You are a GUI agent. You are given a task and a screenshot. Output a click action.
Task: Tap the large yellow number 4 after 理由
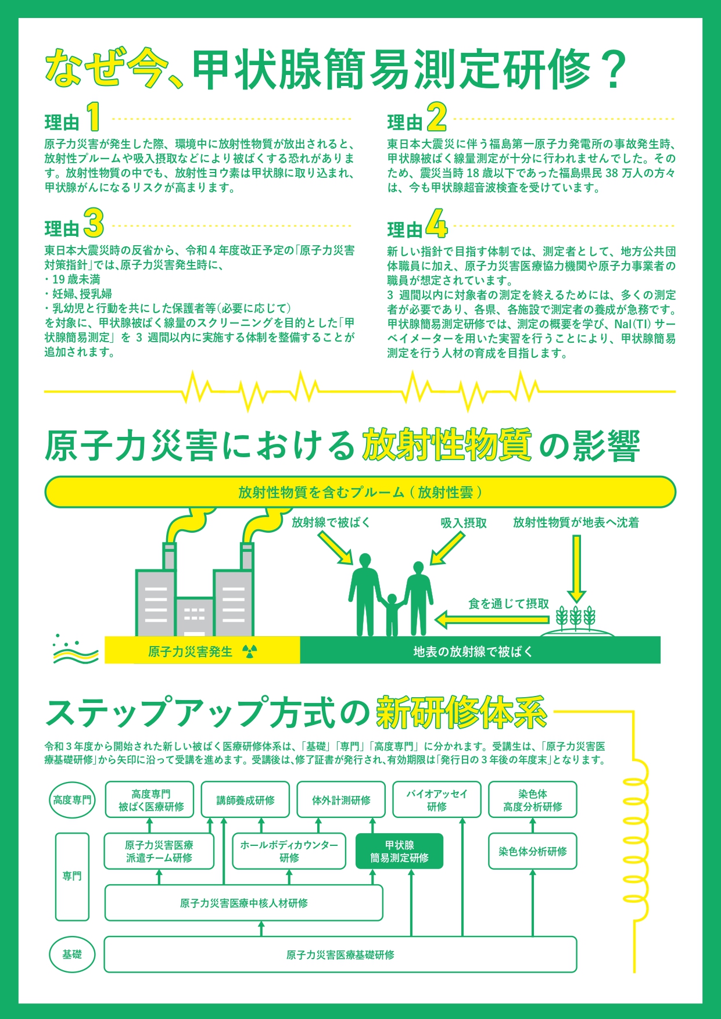pos(437,224)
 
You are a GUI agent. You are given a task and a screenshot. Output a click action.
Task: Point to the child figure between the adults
pos(392,614)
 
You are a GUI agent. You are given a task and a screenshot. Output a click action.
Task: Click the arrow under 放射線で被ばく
pos(335,548)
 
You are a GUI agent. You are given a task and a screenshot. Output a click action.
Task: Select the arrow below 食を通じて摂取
pos(491,619)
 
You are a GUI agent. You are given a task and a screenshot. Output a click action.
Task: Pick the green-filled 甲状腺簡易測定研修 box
pos(399,852)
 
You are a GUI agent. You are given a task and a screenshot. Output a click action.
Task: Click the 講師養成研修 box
pos(245,801)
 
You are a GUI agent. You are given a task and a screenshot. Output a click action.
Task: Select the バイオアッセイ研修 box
pos(436,801)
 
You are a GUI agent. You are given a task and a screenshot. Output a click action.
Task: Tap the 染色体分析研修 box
pos(533,852)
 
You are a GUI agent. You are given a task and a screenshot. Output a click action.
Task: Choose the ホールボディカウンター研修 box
pos(289,852)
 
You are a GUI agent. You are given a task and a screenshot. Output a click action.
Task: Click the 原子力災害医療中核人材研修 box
pos(243,903)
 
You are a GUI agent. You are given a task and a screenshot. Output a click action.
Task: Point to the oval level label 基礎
pos(72,955)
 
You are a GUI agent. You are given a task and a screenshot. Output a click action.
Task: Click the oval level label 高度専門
pos(72,801)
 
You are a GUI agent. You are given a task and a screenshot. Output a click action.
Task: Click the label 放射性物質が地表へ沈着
pos(576,523)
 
